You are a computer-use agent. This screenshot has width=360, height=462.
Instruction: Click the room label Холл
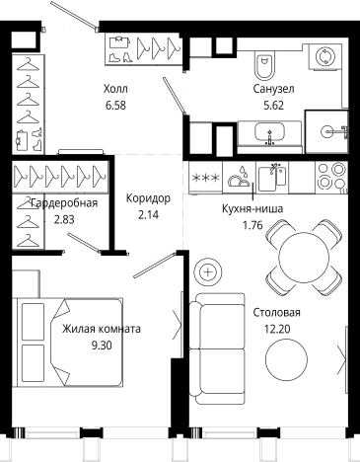pos(116,89)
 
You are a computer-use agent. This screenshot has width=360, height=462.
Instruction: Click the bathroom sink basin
pos(269,132)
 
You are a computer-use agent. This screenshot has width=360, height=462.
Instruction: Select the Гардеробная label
pos(64,203)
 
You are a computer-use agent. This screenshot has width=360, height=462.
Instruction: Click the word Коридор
pos(148,198)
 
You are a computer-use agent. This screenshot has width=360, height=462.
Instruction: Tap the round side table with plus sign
pos(209,270)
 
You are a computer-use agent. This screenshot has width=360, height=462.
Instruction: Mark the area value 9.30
pos(101,345)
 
